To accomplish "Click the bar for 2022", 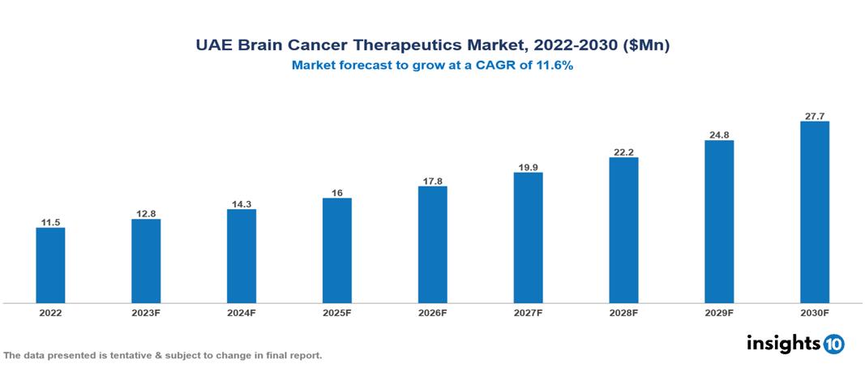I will tap(50, 265).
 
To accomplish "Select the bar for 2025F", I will tap(337, 250).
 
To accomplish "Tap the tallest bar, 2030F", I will tap(815, 212).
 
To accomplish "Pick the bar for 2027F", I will tap(528, 237).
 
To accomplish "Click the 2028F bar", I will tap(623, 230).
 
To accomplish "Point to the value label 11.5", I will tap(50, 221).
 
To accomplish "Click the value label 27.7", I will tap(815, 116).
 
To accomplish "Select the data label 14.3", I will tap(242, 203).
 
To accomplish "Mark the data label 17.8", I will tap(433, 181).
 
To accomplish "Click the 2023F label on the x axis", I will tap(146, 313).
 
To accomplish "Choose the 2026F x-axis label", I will tap(433, 313).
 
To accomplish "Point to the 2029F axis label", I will tap(719, 313).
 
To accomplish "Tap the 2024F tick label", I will tap(242, 313).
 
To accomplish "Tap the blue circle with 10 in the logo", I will tap(833, 344).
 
